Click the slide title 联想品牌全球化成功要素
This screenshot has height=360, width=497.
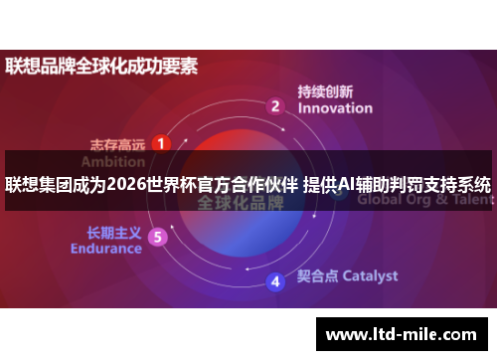point(101,68)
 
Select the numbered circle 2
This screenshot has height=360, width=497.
point(275,105)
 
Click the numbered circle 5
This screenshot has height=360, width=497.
point(157,237)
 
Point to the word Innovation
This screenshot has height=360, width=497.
point(335,108)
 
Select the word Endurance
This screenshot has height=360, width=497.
point(106,249)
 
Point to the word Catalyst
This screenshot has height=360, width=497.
point(370,275)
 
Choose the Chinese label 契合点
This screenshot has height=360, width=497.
point(318,275)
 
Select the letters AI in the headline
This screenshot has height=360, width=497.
point(348,185)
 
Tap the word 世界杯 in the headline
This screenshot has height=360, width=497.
point(172,185)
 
